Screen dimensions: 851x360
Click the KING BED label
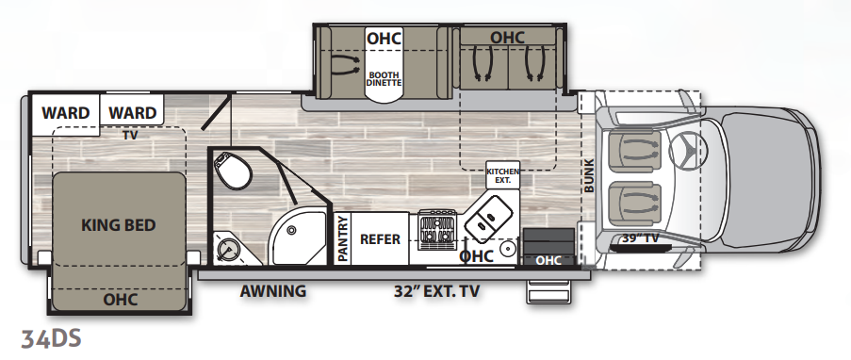(119, 225)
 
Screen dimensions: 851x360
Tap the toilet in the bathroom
(233, 170)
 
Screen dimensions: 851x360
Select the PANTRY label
(342, 238)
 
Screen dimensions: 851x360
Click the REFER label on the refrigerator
(380, 239)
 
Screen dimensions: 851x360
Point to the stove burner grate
(437, 231)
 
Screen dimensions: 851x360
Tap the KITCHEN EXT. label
(502, 175)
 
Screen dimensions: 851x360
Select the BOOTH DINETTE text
(384, 79)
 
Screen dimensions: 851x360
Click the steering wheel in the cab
(688, 149)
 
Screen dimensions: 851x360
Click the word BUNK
(589, 175)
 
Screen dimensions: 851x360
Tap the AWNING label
(273, 291)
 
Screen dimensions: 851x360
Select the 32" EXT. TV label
(437, 291)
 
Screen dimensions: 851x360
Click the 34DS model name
(51, 338)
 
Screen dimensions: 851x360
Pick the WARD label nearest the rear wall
(66, 113)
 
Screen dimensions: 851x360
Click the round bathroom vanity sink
(228, 250)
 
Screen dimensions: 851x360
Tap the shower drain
(291, 231)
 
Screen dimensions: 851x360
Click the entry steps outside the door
(548, 291)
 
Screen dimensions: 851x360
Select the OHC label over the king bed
(121, 299)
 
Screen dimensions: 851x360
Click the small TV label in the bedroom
(130, 135)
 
